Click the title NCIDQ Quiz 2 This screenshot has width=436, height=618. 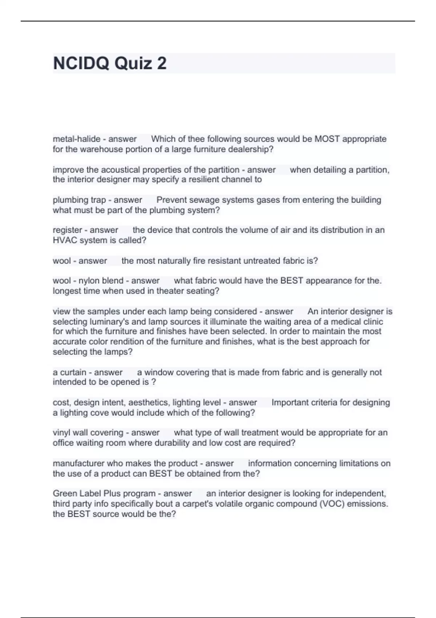[x=110, y=63]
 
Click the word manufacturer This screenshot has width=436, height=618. [x=77, y=463]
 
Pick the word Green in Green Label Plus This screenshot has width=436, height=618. [x=64, y=494]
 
